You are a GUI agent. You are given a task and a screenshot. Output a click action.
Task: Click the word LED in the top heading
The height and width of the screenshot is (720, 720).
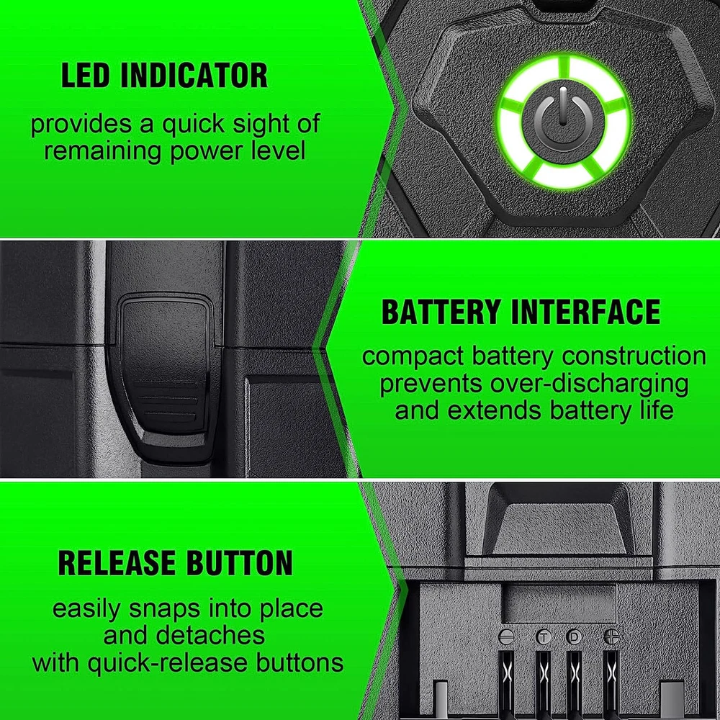(x=86, y=76)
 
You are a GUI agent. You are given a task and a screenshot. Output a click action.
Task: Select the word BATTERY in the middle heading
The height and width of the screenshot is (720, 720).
(x=441, y=312)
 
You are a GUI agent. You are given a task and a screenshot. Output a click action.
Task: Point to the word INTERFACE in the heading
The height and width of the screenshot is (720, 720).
(x=585, y=312)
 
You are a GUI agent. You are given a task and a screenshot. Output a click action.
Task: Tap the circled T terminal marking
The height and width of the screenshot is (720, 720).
(x=543, y=637)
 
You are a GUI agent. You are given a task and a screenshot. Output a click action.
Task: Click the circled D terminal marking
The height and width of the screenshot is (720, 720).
(x=574, y=637)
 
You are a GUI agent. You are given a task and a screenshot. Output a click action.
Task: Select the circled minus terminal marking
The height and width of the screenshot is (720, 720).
(x=506, y=637)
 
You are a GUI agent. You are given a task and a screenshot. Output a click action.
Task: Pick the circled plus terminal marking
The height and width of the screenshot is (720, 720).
(x=611, y=636)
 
